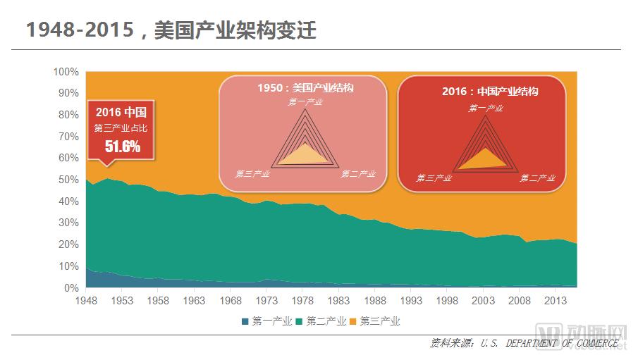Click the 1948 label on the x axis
86,301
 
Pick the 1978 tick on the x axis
302,301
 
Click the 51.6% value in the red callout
123,147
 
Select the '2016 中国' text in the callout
121,112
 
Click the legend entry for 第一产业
267,321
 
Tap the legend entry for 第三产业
379,321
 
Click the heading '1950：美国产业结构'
305,88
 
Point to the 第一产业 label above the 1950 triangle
305,102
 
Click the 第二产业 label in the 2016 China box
538,178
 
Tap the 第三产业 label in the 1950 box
253,174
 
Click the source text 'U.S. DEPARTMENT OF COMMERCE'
550,343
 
